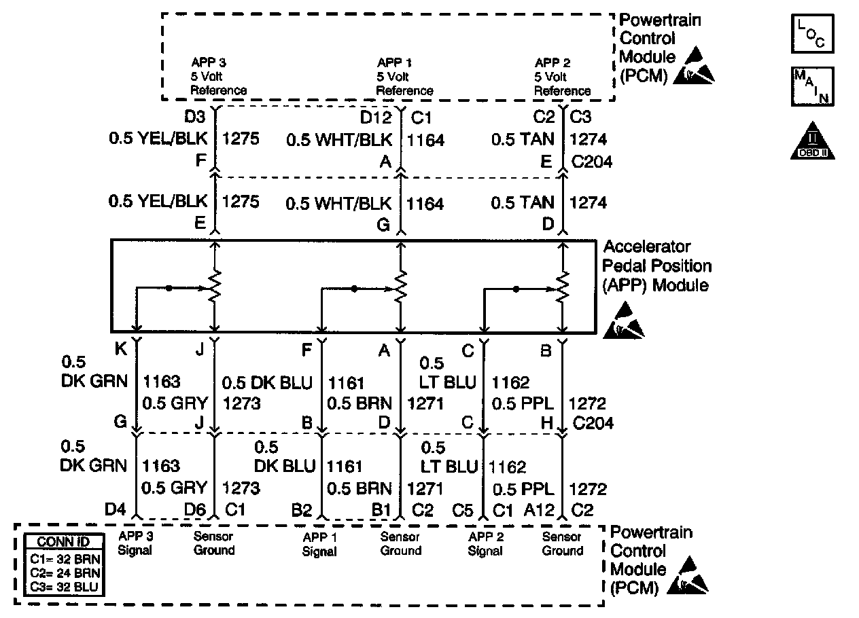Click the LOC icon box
(x=811, y=35)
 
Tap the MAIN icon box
(x=811, y=86)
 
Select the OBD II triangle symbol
(x=811, y=141)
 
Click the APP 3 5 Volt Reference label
(x=218, y=77)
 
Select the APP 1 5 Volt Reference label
(x=404, y=77)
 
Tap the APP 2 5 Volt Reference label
(x=562, y=77)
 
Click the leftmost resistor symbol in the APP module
(x=215, y=287)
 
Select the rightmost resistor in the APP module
(x=562, y=287)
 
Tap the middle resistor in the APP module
(x=401, y=287)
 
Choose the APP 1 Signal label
(x=319, y=544)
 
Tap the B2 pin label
(x=303, y=511)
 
